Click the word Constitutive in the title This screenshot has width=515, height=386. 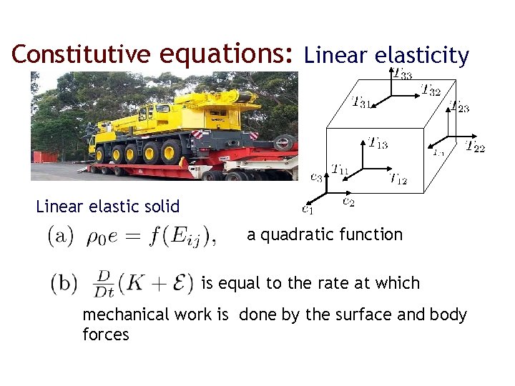[x=79, y=55]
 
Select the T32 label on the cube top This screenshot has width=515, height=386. [x=430, y=90]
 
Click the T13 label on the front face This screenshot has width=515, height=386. [x=378, y=143]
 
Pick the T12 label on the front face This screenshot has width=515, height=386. [x=397, y=179]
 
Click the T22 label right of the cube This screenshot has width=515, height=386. [x=475, y=147]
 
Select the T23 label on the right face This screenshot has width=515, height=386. [x=458, y=107]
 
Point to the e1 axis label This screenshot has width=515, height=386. [x=307, y=209]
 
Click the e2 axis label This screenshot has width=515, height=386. [x=348, y=202]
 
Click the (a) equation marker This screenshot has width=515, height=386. [x=59, y=236]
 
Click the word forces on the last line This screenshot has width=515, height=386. [x=106, y=334]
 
